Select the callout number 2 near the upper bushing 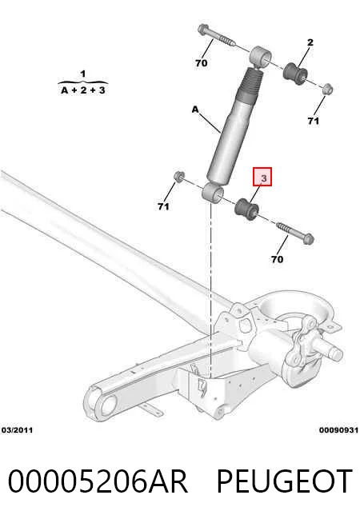310,42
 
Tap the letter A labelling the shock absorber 195,109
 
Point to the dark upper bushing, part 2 295,74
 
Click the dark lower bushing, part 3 246,210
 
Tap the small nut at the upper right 328,89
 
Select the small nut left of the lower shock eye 179,176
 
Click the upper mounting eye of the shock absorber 261,56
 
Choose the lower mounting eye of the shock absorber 213,193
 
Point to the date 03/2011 18,430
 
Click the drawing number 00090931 338,430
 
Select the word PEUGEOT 285,481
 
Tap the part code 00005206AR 98,481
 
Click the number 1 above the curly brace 83,74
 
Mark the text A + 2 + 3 83,90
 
